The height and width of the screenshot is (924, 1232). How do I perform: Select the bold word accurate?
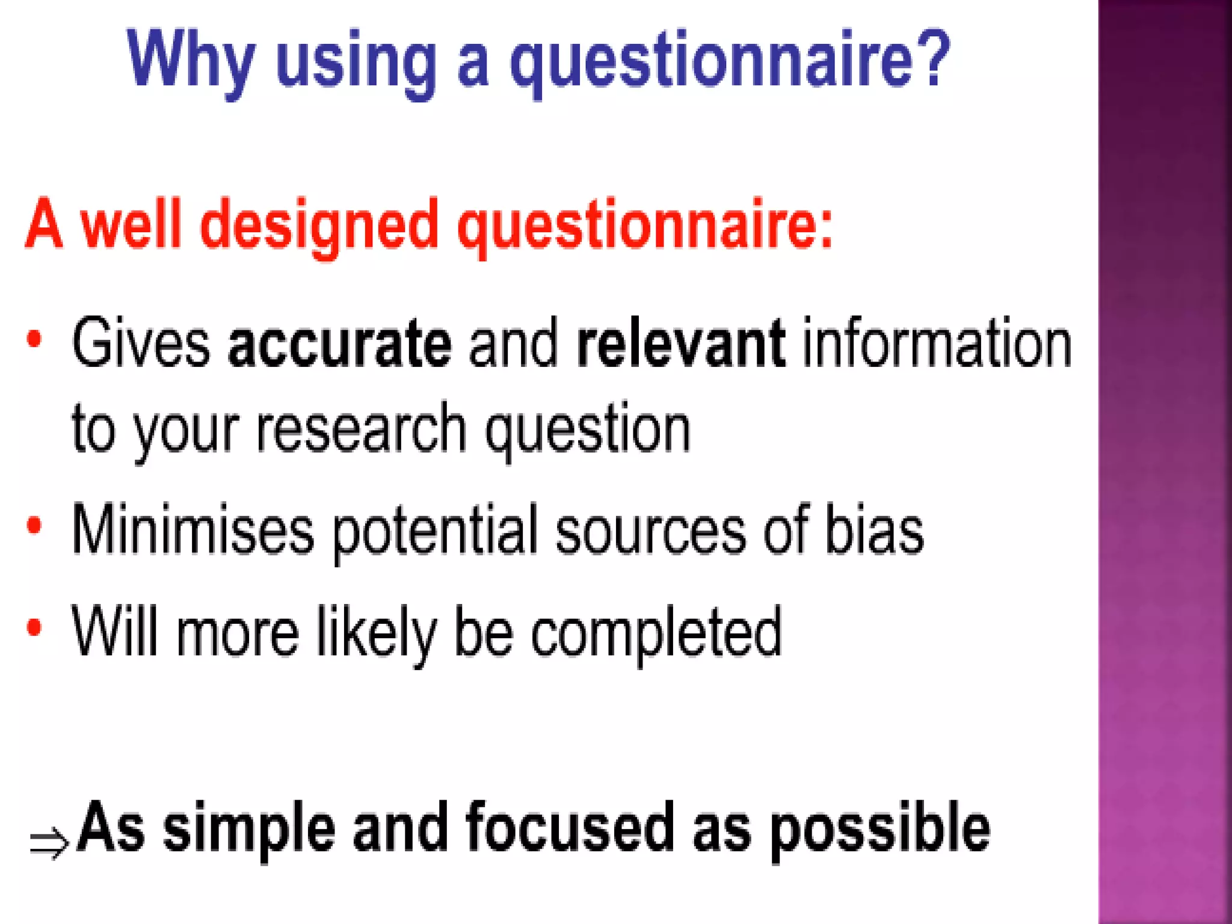point(340,343)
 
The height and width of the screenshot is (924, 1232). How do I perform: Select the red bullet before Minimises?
point(34,526)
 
